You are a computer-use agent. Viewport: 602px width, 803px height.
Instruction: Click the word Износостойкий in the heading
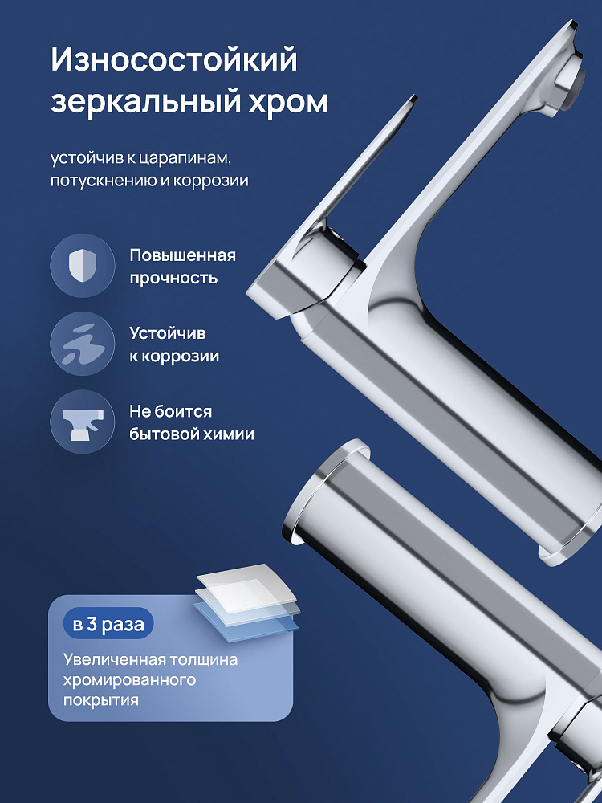coord(174,60)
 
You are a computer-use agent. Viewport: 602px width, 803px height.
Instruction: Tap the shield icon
coord(82,265)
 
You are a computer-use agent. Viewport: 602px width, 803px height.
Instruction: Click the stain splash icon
coord(82,344)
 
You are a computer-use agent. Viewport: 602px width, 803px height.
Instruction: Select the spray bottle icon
coord(83,422)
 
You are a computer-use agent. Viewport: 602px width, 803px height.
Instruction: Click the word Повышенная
coord(183,255)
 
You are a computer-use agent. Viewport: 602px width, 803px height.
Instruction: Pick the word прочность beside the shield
coord(173,278)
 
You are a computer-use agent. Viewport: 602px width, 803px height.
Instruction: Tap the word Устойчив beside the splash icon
coord(168,333)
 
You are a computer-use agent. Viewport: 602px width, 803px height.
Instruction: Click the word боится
coord(185,411)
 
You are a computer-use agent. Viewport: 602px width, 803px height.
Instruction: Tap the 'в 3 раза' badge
coord(108,623)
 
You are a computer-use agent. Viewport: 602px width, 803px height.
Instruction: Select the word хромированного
coord(129,680)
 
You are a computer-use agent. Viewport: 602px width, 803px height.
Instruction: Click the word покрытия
coord(101,700)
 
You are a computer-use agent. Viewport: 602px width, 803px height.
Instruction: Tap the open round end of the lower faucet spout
coord(327,491)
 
